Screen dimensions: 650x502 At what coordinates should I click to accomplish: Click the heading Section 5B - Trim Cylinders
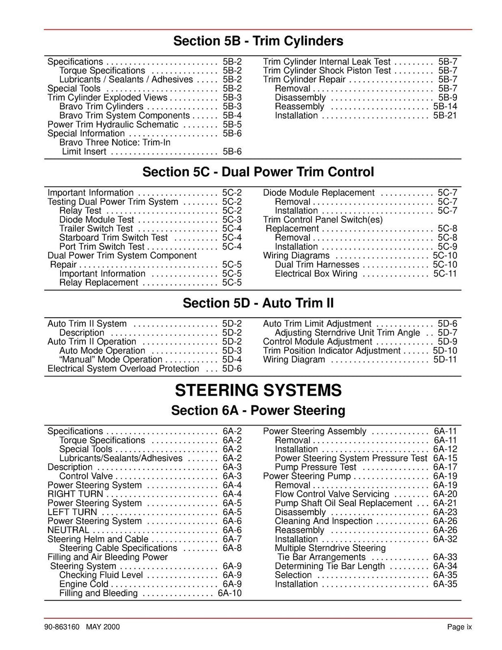(x=258, y=41)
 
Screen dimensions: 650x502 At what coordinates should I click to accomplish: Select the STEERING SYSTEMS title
(x=258, y=391)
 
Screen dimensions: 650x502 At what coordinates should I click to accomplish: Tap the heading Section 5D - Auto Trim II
(x=258, y=303)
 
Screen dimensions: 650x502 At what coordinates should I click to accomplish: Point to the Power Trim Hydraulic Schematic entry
(x=113, y=125)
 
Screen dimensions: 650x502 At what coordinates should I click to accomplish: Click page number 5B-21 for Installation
(x=445, y=116)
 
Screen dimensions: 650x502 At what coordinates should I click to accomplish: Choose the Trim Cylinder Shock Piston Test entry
(x=327, y=71)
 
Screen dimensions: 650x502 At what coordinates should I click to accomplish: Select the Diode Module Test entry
(x=97, y=220)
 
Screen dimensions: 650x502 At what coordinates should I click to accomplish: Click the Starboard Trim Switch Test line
(x=114, y=238)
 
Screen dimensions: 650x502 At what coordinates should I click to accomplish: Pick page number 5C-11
(x=445, y=274)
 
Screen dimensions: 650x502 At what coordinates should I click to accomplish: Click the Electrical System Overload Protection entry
(x=124, y=369)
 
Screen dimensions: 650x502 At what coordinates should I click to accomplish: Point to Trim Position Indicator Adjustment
(x=332, y=350)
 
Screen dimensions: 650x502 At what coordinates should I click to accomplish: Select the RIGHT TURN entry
(x=75, y=494)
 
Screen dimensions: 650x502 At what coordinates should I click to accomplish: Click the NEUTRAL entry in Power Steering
(x=69, y=530)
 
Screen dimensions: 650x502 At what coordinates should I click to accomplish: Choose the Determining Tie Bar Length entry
(x=330, y=566)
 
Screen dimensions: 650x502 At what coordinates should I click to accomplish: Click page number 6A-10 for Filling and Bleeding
(x=229, y=593)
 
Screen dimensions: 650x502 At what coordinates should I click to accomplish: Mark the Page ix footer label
(x=459, y=627)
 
